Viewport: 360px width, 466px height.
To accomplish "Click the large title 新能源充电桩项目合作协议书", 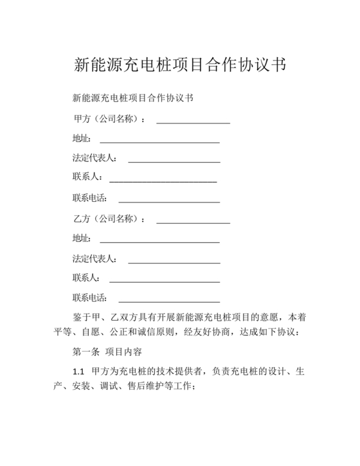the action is [x=180, y=65].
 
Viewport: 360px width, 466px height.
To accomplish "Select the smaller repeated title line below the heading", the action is [x=133, y=98].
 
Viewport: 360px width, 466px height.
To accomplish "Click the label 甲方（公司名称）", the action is [x=109, y=119].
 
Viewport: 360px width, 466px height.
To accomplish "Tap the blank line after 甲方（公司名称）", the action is [x=193, y=121].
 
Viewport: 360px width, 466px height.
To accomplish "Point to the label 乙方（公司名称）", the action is [x=109, y=219].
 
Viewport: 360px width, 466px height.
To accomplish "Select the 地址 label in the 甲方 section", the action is [x=82, y=139].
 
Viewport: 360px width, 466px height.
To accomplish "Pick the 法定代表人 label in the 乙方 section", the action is [x=94, y=259].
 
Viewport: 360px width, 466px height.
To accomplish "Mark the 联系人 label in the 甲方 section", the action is [x=85, y=178].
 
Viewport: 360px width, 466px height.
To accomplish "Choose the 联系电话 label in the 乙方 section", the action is [x=90, y=298].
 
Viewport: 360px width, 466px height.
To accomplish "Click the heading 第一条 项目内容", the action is [x=107, y=352].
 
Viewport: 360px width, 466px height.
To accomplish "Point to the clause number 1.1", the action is [x=79, y=372].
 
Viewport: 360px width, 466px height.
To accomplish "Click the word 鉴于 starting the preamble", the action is [x=81, y=317].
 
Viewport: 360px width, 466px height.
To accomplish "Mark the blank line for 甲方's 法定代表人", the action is [x=174, y=161].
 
